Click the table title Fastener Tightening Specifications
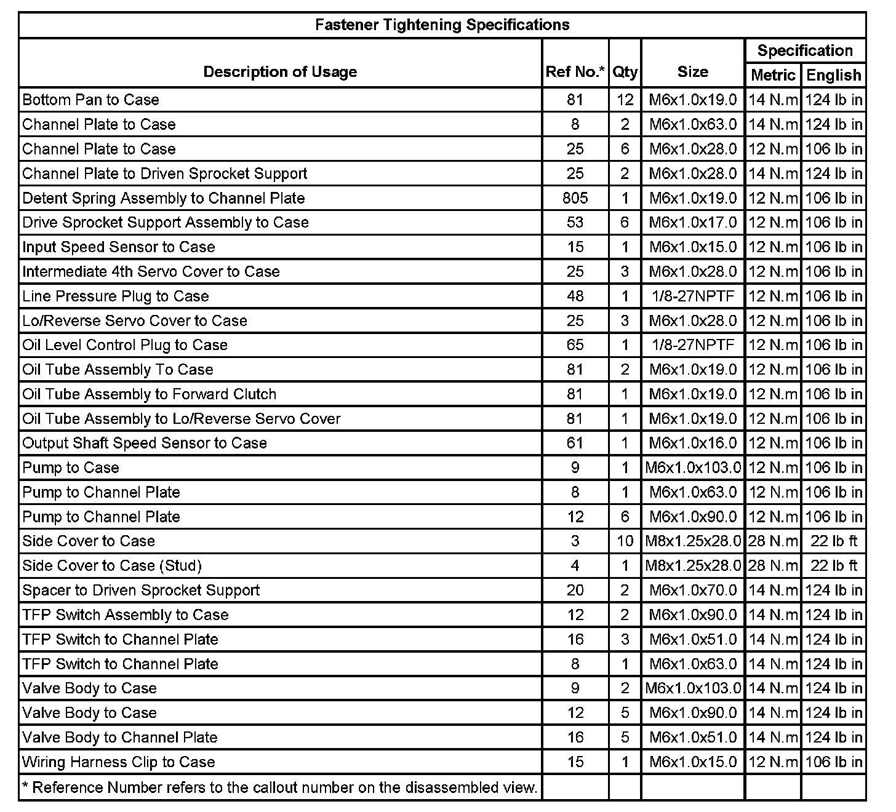pos(442,25)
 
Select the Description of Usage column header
pos(280,72)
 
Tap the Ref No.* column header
pos(575,72)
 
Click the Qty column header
pos(625,72)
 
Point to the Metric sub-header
pos(773,75)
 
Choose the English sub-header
pos(833,75)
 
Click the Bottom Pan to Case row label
pos(90,100)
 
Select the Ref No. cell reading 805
pos(575,198)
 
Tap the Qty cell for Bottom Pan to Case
pos(625,100)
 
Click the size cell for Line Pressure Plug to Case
pos(693,296)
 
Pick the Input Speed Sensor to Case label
pos(119,247)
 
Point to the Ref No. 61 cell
pos(575,443)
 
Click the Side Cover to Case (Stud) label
pos(112,565)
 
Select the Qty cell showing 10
pos(625,541)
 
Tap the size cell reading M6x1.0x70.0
pos(693,590)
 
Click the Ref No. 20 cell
pos(575,590)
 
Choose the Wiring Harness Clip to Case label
pos(119,762)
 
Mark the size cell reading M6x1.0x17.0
pos(693,223)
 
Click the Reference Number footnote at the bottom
pos(280,787)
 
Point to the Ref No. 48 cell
pos(575,296)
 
